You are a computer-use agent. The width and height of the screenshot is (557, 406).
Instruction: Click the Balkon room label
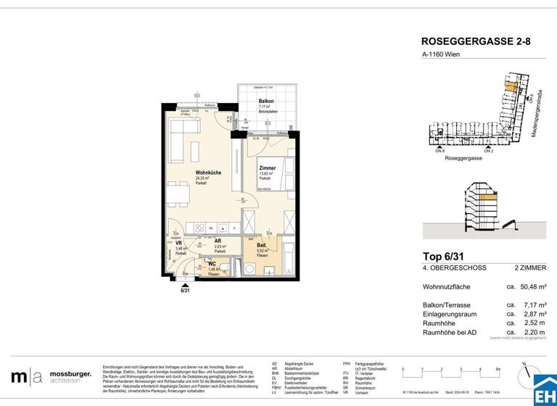(266, 101)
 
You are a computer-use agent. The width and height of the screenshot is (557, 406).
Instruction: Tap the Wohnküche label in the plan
(207, 172)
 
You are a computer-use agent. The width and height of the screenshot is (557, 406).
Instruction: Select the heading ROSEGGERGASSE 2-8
(476, 42)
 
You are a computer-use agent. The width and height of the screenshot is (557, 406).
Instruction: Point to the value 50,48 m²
(532, 287)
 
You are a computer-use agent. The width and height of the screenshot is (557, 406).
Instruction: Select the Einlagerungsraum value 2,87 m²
(534, 314)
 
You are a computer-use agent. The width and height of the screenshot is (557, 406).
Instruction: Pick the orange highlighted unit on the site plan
(511, 86)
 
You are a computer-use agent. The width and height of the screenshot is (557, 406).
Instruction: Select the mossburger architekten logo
(51, 376)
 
